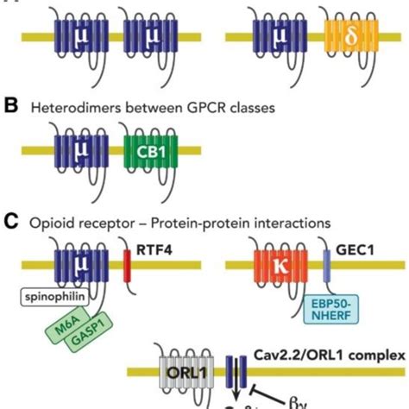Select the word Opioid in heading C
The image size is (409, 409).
[x=51, y=221]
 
